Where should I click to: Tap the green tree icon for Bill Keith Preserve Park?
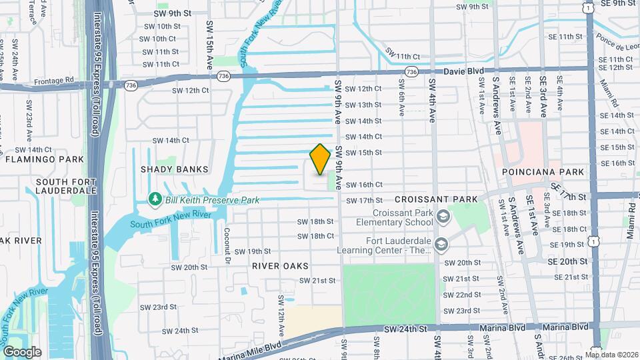pos(155,199)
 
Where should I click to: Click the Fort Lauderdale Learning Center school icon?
pos(441,245)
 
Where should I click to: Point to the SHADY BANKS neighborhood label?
pos(175,169)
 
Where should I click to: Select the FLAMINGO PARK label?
pos(45,159)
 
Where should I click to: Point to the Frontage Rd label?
pos(60,79)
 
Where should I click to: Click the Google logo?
pos(21,351)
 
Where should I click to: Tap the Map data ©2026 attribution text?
pos(611,355)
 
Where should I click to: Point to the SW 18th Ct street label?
pos(315,237)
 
